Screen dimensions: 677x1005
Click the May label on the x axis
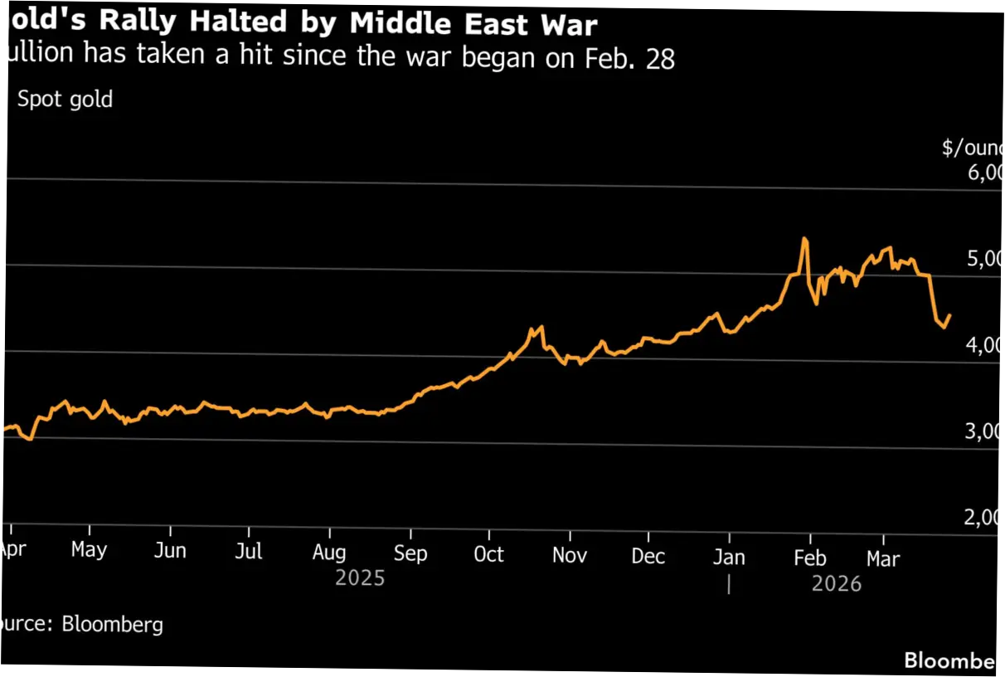pyautogui.click(x=89, y=550)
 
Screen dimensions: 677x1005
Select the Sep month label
pyautogui.click(x=410, y=553)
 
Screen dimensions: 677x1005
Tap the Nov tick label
pyautogui.click(x=570, y=555)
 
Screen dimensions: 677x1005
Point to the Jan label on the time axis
pyautogui.click(x=729, y=557)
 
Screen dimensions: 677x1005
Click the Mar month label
pyautogui.click(x=882, y=558)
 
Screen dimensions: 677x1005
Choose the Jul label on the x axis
pyautogui.click(x=249, y=552)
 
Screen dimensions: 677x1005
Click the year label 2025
pyautogui.click(x=360, y=577)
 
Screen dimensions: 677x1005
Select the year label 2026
pyautogui.click(x=837, y=584)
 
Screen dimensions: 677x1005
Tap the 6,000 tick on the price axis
pyautogui.click(x=984, y=173)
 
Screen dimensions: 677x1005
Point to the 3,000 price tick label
pyautogui.click(x=984, y=431)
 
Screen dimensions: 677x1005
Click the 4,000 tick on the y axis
pyautogui.click(x=984, y=345)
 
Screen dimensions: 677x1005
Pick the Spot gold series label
pyautogui.click(x=65, y=100)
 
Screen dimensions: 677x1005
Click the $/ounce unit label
pyautogui.click(x=973, y=148)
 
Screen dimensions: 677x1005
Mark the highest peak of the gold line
pyautogui.click(x=804, y=239)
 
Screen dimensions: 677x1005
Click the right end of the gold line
pyautogui.click(x=950, y=315)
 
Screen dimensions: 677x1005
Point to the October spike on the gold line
pyautogui.click(x=541, y=326)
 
